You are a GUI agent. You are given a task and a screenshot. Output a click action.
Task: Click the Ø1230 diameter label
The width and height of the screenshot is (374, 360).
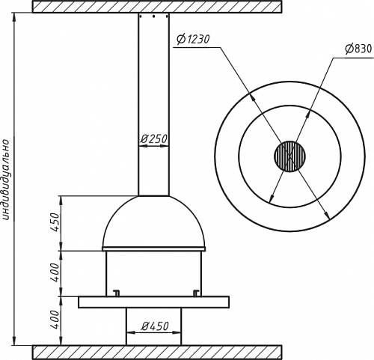(193, 39)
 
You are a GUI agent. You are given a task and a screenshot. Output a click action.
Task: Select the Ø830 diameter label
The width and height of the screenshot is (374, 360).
(358, 49)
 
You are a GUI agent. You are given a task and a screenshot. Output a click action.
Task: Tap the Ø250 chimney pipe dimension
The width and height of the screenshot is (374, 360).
(153, 139)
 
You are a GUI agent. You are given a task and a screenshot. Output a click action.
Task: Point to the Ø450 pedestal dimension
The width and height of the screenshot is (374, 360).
(155, 326)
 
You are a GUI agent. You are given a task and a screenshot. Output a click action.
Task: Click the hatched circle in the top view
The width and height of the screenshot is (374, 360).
(289, 156)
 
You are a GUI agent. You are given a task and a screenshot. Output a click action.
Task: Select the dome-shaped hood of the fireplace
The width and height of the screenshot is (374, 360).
(154, 222)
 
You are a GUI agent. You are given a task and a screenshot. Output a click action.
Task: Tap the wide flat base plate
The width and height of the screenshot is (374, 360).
(153, 302)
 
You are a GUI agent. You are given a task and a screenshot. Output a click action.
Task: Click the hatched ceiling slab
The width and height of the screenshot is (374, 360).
(157, 7)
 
